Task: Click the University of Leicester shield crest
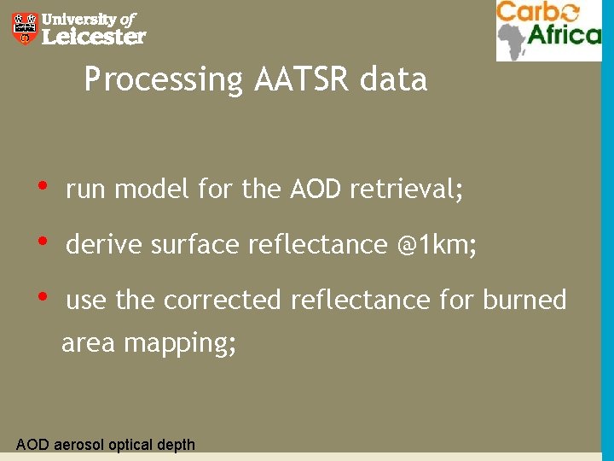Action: pyautogui.click(x=25, y=28)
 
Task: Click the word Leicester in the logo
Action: pyautogui.click(x=94, y=37)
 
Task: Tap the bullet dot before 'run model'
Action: pyautogui.click(x=42, y=186)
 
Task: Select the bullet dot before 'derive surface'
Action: pyautogui.click(x=42, y=242)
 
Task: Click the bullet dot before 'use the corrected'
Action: pyautogui.click(x=42, y=297)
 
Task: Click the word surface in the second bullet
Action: pyautogui.click(x=195, y=245)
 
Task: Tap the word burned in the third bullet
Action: pyautogui.click(x=524, y=301)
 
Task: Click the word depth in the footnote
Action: pyautogui.click(x=176, y=445)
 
